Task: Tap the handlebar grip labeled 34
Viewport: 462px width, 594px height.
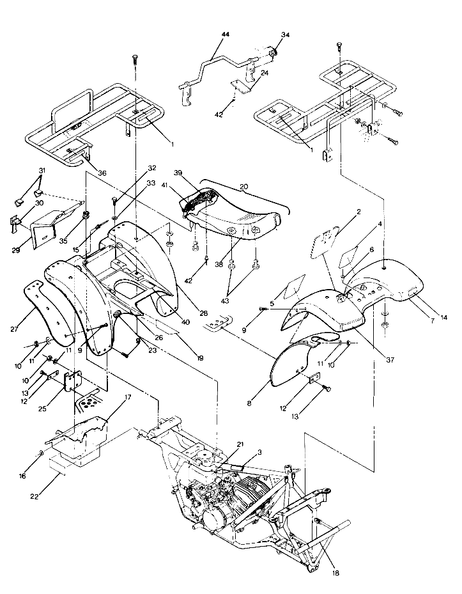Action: pos(270,52)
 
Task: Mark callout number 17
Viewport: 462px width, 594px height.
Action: pos(127,397)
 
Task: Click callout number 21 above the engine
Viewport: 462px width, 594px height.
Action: pos(240,444)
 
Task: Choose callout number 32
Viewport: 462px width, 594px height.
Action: pos(151,169)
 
